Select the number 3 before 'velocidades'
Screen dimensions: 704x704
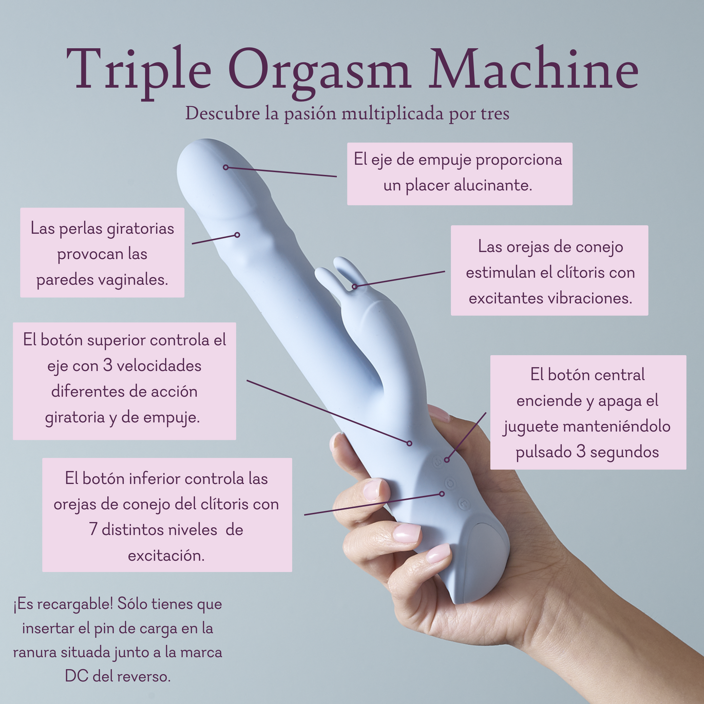tap(108, 365)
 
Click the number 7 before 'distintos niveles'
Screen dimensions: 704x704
tap(94, 529)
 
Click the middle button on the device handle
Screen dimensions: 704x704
tap(450, 482)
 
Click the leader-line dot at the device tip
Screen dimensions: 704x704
tap(226, 167)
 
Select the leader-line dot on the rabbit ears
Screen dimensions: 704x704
tap(355, 286)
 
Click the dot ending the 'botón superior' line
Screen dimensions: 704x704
tap(409, 443)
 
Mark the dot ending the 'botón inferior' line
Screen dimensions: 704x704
tap(442, 494)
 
